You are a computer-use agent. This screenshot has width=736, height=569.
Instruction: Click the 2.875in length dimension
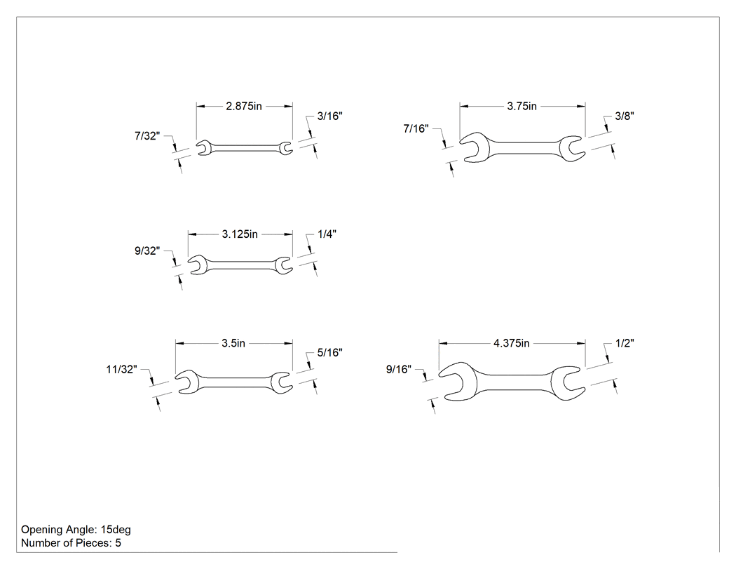(244, 106)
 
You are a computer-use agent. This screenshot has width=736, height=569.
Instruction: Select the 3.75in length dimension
(522, 106)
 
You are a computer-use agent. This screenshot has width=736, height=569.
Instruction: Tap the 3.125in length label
(240, 234)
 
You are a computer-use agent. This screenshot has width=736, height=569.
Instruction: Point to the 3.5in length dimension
(233, 344)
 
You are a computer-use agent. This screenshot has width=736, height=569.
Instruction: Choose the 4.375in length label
(511, 344)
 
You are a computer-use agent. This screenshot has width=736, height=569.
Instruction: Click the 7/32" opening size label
(147, 136)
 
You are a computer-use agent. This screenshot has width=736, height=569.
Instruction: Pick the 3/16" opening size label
(329, 116)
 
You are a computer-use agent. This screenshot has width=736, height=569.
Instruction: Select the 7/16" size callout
(416, 128)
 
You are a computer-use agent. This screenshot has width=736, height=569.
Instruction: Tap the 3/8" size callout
(625, 116)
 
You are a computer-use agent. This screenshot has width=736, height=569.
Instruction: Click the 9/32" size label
(147, 251)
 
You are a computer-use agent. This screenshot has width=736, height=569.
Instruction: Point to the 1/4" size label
(327, 234)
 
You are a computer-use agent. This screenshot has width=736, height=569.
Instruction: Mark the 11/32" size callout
(121, 369)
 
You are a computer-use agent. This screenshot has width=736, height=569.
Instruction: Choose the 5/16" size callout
(329, 352)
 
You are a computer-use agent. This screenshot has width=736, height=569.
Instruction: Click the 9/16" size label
(399, 369)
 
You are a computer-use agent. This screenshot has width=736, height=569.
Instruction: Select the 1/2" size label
(625, 344)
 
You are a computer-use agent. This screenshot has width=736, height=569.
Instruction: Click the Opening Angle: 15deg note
(76, 530)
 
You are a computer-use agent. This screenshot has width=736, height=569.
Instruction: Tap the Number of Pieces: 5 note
(71, 542)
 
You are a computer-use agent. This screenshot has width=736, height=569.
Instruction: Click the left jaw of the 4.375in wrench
(458, 382)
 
